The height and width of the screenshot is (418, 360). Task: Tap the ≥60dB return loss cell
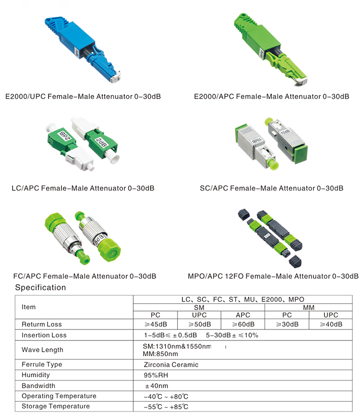[243, 324]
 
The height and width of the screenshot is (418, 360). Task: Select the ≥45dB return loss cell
[156, 324]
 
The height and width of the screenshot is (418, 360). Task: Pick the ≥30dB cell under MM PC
[287, 324]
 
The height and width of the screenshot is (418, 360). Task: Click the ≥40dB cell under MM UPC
[331, 324]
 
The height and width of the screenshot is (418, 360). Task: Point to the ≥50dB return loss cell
[200, 324]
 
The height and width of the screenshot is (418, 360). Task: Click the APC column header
[243, 315]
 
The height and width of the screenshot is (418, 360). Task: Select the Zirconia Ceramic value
[171, 365]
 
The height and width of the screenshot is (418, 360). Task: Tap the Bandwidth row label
[38, 386]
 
